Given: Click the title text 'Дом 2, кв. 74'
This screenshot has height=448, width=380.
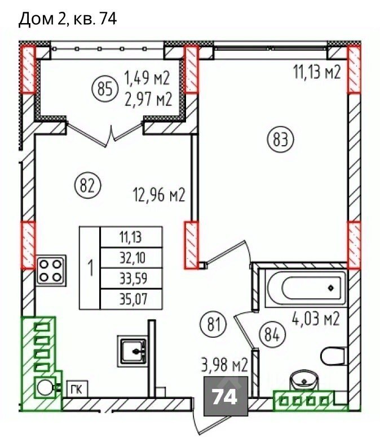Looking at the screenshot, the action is point(68,20).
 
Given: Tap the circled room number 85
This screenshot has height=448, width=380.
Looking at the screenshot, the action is point(105,89).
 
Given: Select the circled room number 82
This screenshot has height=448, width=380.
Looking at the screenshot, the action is point(87,186).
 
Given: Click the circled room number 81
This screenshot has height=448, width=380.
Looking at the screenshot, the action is point(214,325).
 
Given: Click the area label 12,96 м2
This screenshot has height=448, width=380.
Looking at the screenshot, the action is point(160,195).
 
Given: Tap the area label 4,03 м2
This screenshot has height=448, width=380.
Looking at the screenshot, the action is point(316,319).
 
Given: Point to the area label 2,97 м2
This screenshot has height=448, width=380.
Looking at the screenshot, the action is point(148,99).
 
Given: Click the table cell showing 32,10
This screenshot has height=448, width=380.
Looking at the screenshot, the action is point(131,258).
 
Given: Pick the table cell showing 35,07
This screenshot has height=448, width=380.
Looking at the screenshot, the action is point(131,299).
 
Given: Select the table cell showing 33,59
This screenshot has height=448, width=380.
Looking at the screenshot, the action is point(131,279).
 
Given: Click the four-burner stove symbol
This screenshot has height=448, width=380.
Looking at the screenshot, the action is point(51,270).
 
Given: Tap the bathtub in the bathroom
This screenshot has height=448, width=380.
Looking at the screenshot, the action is point(306,288).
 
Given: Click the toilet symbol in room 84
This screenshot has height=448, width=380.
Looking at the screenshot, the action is point(334,356).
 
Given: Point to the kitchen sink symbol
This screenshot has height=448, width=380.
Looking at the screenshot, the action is point(132,351).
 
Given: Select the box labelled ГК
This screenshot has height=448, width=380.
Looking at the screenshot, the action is point(77,389).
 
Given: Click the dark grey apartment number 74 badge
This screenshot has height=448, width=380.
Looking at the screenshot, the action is point(226,396).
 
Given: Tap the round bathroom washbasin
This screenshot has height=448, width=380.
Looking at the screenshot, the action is point(304,381).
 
